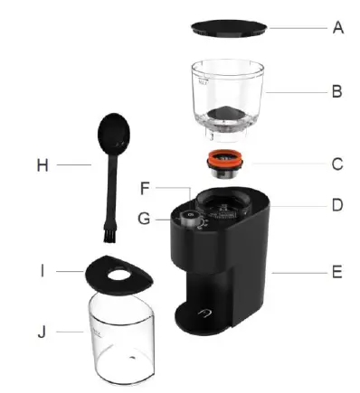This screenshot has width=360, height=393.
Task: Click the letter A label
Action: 338,28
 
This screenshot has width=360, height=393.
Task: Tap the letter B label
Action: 336,91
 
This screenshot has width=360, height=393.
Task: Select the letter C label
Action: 337,164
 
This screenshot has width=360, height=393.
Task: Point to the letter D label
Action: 337,205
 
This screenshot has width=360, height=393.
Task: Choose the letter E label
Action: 337,272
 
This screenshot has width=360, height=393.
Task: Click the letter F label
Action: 145,188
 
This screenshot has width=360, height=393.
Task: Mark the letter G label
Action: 144,219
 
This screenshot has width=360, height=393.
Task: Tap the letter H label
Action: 43,165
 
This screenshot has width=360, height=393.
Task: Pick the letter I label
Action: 43,271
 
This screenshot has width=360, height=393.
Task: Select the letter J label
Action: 42,332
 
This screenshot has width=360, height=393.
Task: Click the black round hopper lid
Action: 229,29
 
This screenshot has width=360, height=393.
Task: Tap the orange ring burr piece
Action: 225,160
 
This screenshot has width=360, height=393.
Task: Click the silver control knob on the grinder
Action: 188,218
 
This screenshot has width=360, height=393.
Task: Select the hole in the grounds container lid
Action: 118,274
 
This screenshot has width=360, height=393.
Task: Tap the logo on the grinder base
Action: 204,313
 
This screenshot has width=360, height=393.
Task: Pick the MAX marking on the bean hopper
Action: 203,81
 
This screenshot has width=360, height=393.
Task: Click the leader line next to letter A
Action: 298,28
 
